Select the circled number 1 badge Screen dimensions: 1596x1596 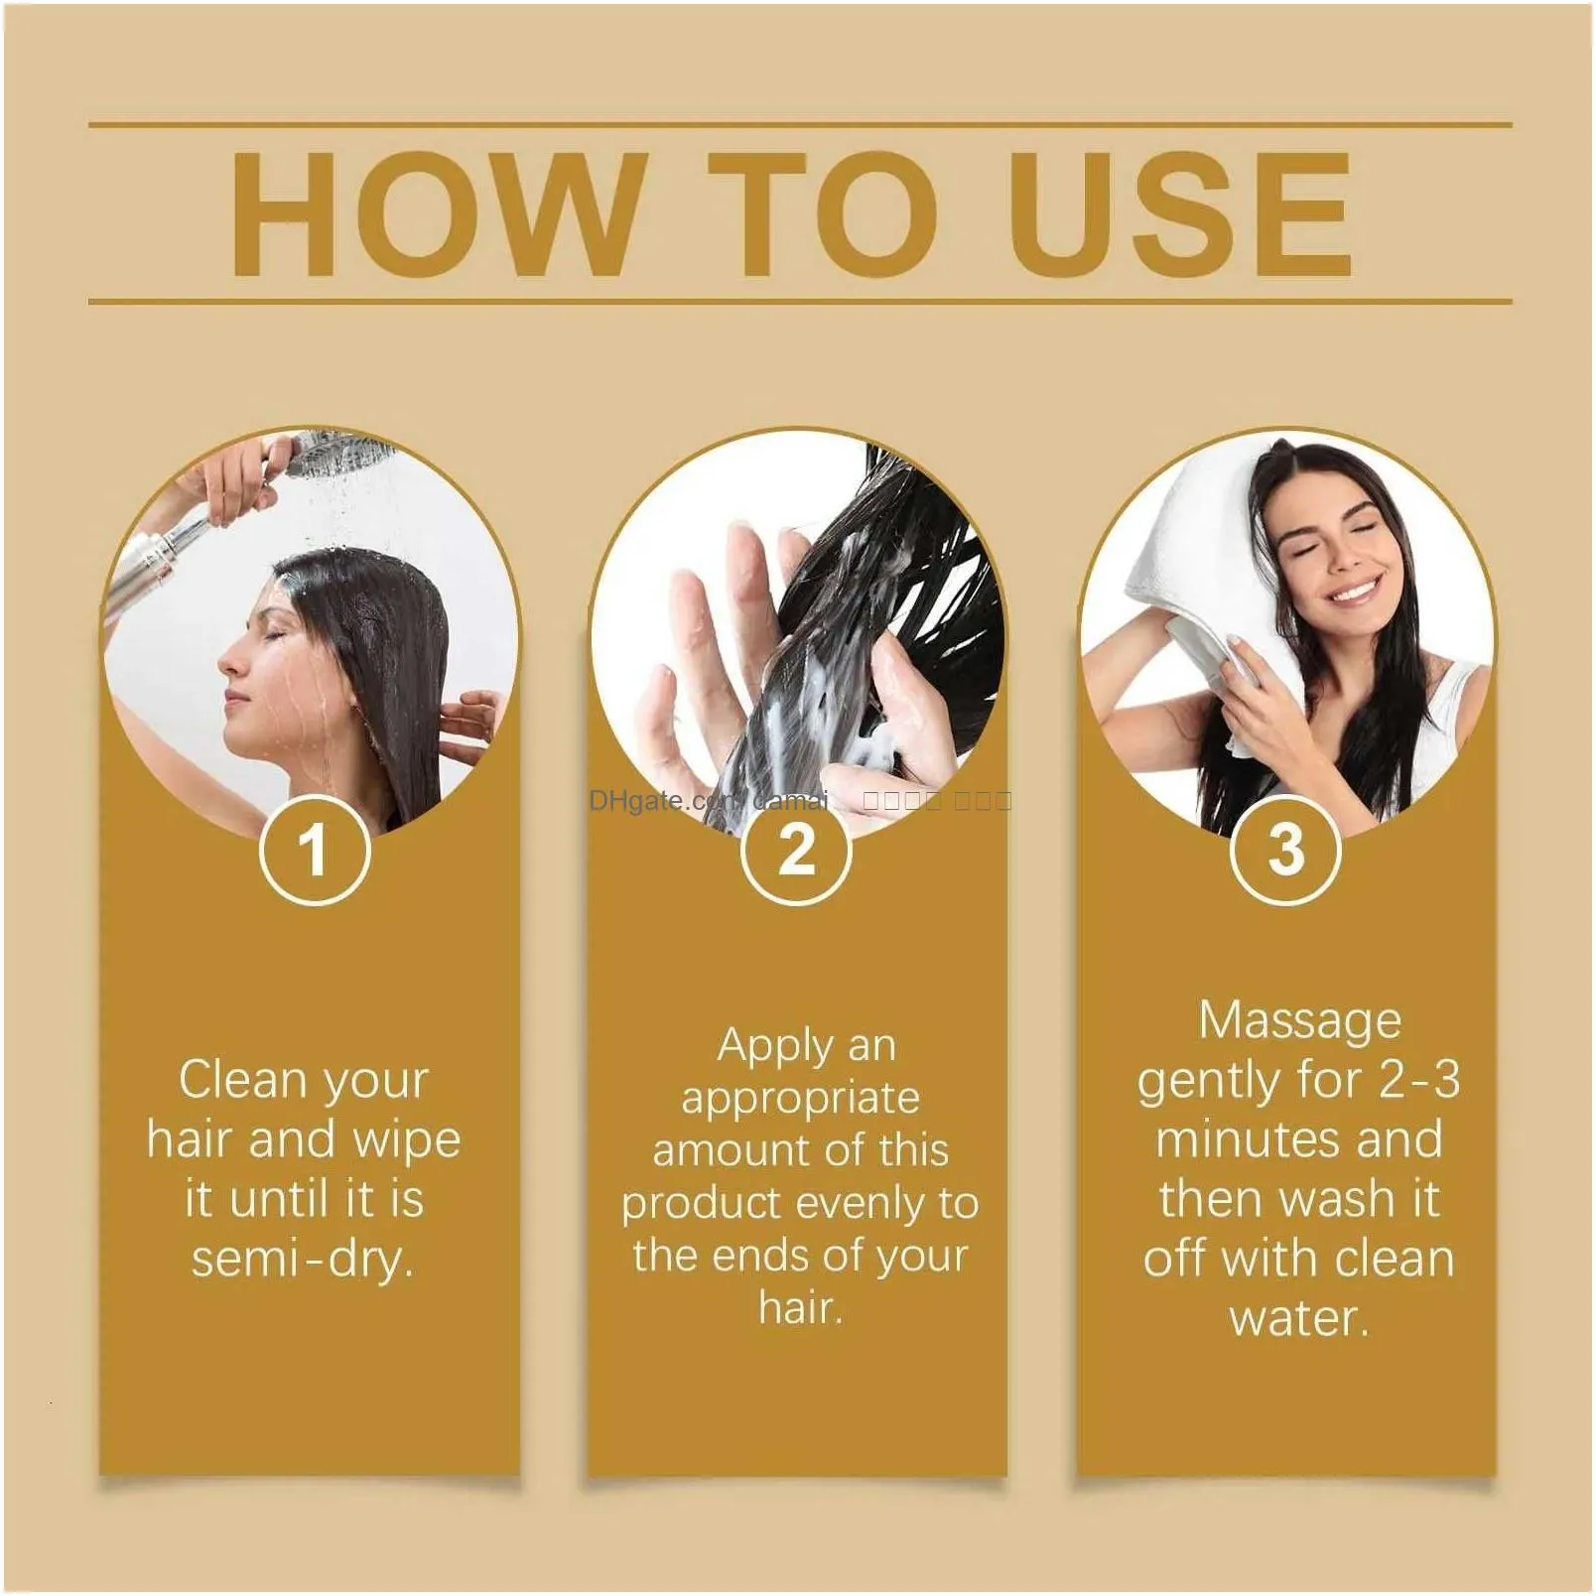point(314,850)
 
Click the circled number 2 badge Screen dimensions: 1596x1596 point(796,850)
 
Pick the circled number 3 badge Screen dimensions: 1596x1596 point(1285,850)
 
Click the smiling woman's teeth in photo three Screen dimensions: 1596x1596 point(1355,593)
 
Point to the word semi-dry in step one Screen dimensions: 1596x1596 point(302,1260)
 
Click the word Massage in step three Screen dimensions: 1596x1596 point(1299,1020)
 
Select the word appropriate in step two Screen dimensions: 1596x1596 point(800,1098)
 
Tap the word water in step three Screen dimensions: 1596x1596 point(1299,1318)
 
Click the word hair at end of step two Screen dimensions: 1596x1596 point(800,1307)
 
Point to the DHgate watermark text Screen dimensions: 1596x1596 point(655,800)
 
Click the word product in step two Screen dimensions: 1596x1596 point(703,1204)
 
